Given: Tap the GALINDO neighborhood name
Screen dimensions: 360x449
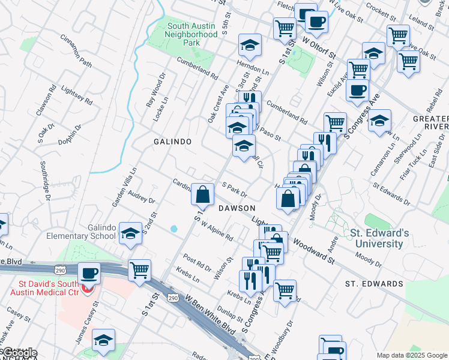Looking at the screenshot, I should pyautogui.click(x=172, y=142).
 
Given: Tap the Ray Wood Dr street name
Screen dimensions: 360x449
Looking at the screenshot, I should pyautogui.click(x=155, y=90).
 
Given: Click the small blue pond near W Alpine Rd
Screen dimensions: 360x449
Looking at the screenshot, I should pyautogui.click(x=174, y=229).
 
